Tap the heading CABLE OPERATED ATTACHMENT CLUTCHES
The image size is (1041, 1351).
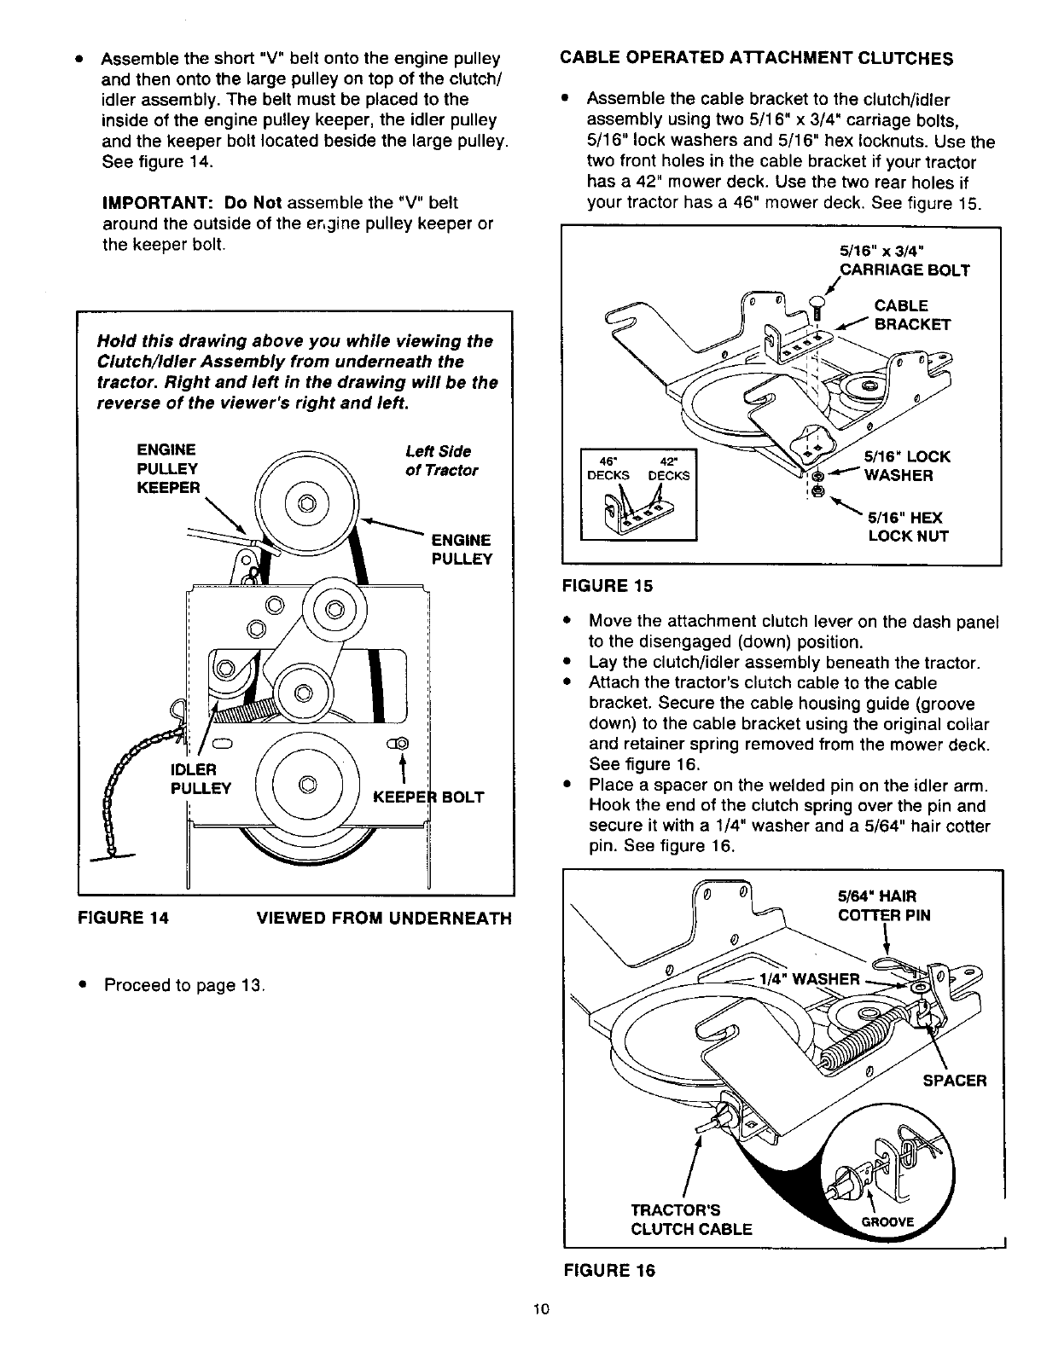point(756,58)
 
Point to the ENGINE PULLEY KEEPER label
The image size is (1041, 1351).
point(169,468)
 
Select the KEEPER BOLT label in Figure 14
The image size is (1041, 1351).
point(429,797)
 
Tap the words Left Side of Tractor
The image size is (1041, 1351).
point(441,461)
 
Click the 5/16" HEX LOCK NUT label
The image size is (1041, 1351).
point(908,527)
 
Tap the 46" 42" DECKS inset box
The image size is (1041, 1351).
point(638,495)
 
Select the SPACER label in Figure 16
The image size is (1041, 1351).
point(953,1081)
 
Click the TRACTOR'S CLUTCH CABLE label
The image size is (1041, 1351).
point(690,1220)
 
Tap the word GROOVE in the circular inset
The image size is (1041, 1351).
point(887,1221)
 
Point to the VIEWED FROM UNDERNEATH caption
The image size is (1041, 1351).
point(384,918)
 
